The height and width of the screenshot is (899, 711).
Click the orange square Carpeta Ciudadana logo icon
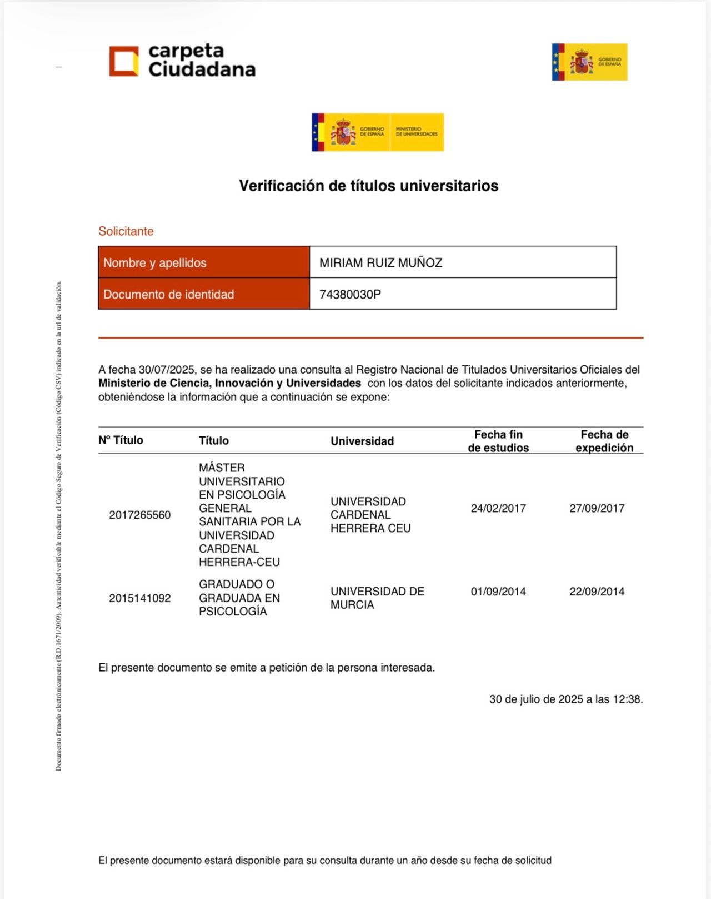124,61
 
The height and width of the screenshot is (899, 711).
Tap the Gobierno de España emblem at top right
589,62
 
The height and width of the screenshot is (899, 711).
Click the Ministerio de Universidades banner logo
378,132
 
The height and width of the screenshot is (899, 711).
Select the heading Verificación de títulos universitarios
368,186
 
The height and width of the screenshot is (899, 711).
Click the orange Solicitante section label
126,231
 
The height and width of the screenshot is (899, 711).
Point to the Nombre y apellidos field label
155,263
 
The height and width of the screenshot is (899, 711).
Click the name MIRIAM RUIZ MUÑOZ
380,263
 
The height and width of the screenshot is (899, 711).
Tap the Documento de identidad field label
169,295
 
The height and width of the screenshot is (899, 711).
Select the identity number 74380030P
350,295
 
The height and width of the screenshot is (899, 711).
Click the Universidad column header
362,441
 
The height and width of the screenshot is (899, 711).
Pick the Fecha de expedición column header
604,441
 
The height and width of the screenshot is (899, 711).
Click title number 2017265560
140,515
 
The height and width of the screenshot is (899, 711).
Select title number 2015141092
140,599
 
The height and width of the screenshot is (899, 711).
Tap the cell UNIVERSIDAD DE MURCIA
377,598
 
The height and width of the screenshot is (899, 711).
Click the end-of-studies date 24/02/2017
498,509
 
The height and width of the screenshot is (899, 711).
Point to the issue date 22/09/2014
597,592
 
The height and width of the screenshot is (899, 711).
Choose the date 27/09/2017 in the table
597,509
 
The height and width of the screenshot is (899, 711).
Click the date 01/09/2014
498,592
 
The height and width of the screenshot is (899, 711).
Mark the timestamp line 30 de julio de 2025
565,699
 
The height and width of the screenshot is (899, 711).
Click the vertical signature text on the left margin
58,525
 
